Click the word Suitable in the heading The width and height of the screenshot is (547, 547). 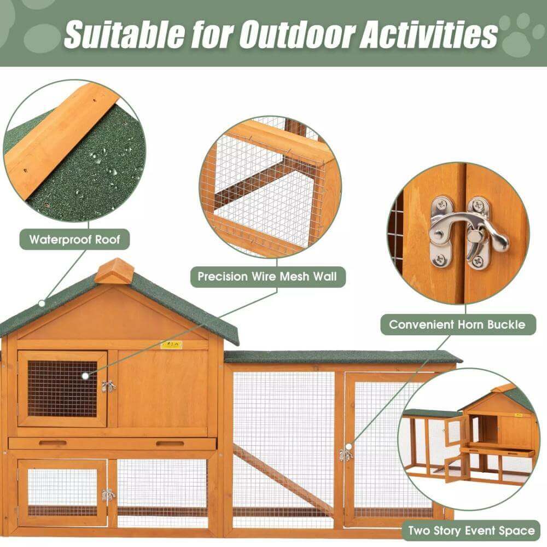click(124, 34)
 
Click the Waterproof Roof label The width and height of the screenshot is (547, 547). click(74, 240)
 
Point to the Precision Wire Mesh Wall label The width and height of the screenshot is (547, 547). click(267, 277)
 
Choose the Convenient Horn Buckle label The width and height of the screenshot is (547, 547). click(457, 324)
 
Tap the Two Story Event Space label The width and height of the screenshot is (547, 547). click(472, 531)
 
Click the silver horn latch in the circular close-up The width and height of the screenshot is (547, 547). click(468, 232)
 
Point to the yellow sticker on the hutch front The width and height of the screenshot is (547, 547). click(171, 345)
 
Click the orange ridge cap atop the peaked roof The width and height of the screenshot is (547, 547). click(114, 270)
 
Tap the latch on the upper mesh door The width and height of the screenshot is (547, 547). click(108, 386)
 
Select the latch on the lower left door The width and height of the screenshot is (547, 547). click(108, 496)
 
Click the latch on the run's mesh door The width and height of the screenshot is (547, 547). click(345, 455)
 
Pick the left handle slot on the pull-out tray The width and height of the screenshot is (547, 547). click(53, 443)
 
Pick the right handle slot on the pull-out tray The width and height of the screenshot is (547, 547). click(170, 444)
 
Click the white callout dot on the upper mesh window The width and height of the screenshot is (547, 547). click(85, 376)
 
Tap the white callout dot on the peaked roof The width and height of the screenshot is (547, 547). click(42, 303)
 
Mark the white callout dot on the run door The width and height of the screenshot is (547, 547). click(348, 447)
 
